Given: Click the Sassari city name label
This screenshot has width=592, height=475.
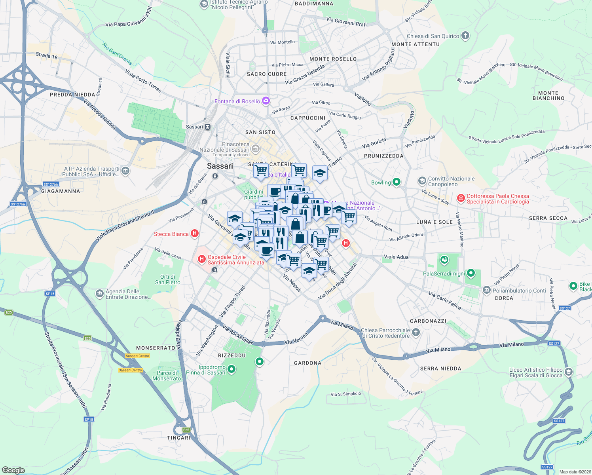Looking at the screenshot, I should click(220, 166).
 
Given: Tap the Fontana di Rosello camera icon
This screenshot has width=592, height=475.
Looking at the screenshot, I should click(266, 101).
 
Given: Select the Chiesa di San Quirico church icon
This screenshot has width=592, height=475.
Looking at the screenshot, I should click(465, 36).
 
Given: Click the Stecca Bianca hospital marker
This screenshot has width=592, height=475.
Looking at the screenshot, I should click(195, 234).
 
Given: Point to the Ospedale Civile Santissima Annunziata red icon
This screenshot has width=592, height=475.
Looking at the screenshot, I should click(202, 259).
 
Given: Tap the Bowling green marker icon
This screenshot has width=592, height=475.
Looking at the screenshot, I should click(397, 182).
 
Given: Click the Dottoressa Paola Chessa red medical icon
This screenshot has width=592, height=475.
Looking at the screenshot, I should click(461, 198).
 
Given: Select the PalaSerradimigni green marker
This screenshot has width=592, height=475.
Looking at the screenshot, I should click(471, 273).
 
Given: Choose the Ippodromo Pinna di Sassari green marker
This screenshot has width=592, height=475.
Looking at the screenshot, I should click(231, 369).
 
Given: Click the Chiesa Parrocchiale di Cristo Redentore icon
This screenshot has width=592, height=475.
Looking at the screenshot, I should click(416, 332).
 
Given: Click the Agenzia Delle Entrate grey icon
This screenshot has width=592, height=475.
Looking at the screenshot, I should click(99, 294).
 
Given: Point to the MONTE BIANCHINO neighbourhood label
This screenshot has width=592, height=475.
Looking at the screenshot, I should click(548, 96).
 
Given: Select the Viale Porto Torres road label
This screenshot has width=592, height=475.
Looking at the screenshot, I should click(143, 81).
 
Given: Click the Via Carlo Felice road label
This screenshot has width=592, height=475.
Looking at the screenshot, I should click(445, 300).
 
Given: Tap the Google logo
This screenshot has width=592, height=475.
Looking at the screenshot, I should click(13, 470).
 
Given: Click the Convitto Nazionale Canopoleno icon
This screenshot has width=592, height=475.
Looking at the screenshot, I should click(422, 181).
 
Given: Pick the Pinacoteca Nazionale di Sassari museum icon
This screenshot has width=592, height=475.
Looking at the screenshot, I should click(256, 149).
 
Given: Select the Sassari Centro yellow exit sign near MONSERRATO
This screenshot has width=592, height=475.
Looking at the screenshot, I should click(137, 356).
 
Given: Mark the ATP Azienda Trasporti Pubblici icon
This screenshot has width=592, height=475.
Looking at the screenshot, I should click(125, 171).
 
